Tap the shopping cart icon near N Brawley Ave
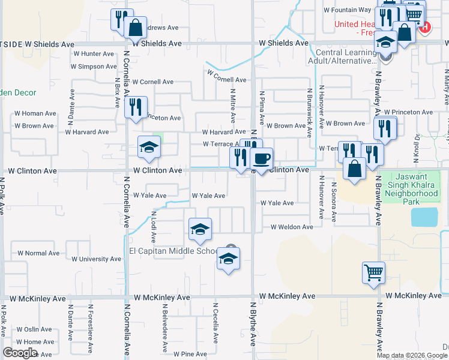(373, 272)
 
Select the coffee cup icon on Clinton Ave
(261, 158)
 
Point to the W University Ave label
(96, 259)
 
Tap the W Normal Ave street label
(39, 253)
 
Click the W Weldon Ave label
(292, 227)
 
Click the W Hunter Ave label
(93, 53)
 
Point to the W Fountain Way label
(348, 10)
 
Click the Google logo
(20, 353)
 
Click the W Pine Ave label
(190, 354)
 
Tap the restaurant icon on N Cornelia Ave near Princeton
(136, 106)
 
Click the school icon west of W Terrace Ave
(149, 146)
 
